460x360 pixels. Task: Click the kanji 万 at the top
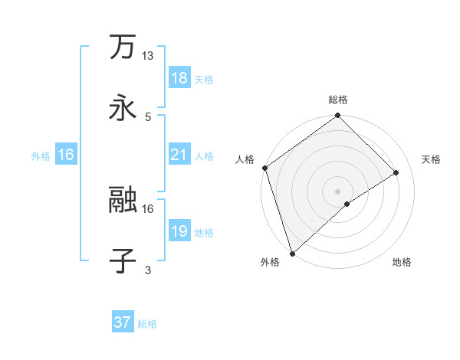point(123,47)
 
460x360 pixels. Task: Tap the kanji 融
point(123,201)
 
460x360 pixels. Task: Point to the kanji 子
point(123,261)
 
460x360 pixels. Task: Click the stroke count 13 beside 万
point(148,56)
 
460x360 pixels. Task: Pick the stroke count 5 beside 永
point(148,116)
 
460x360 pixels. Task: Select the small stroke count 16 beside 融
point(148,208)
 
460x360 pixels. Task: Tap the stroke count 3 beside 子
point(148,270)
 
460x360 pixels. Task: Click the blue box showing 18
point(179,77)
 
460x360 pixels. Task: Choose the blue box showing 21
point(179,155)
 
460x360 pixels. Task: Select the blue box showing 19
point(179,231)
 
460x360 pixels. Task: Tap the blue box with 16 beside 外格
point(66,155)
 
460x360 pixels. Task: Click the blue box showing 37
point(122,322)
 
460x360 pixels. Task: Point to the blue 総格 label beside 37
point(147,324)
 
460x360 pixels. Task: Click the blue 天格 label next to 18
point(204,79)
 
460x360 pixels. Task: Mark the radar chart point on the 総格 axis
point(338,116)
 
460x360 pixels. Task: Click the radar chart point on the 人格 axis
point(264,168)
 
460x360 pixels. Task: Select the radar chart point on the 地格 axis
point(347,204)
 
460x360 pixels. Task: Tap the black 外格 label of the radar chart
point(270,263)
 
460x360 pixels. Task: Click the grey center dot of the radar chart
point(338,191)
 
